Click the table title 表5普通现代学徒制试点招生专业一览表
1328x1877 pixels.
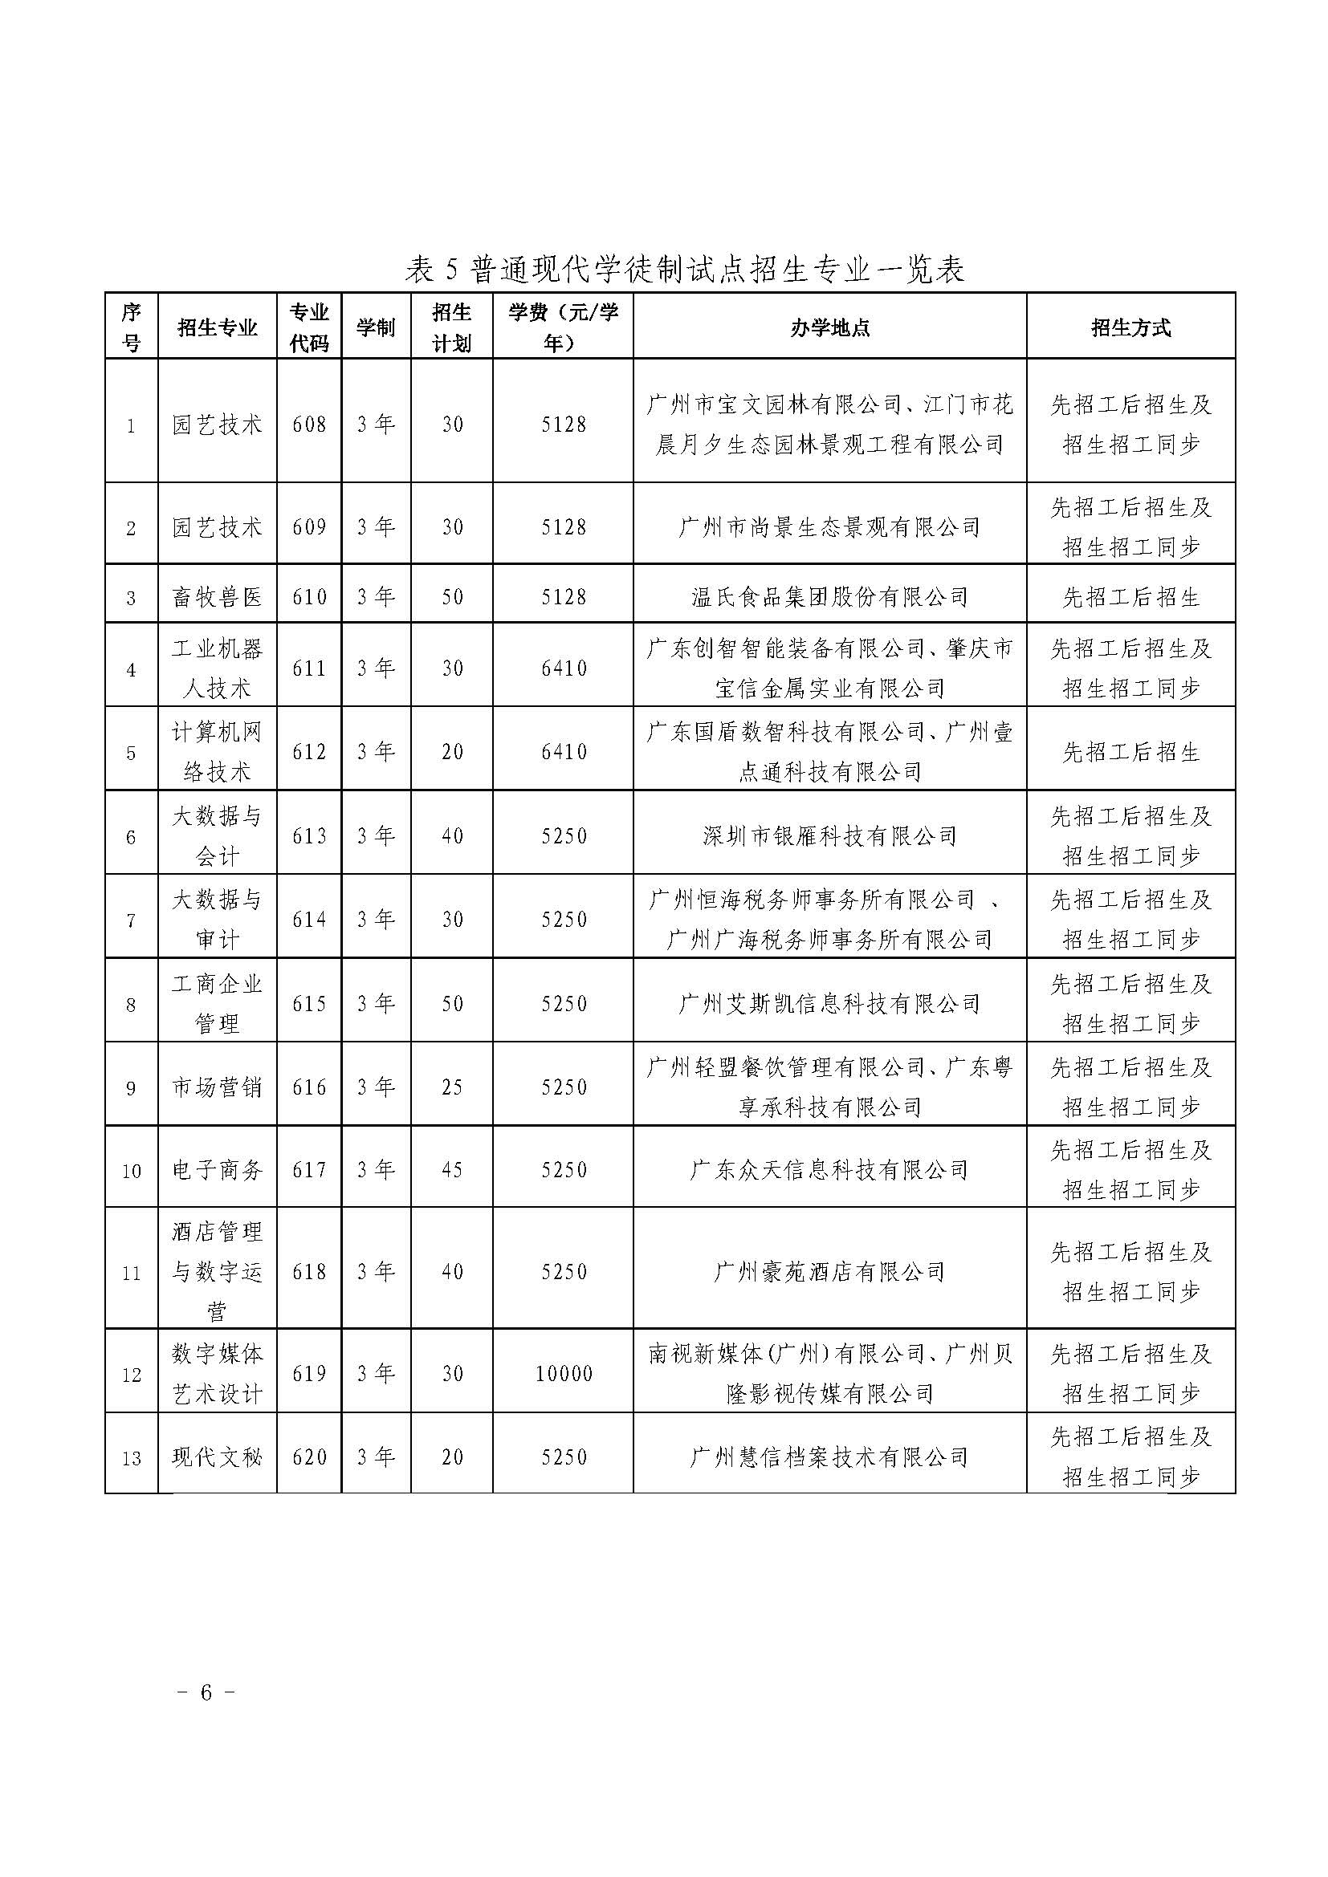click(x=684, y=270)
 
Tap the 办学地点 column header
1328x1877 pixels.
click(x=829, y=328)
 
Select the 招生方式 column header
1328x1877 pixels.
click(x=1130, y=328)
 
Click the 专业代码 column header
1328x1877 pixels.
click(x=309, y=328)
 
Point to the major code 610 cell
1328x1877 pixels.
click(x=309, y=598)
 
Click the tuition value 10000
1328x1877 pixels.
click(x=564, y=1374)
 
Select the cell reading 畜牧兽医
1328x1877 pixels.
click(x=217, y=598)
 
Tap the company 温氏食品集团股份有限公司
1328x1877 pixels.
click(x=829, y=598)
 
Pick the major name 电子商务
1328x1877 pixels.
click(x=217, y=1171)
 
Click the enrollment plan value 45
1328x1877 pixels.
click(x=452, y=1171)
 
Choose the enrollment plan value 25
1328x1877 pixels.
click(x=452, y=1087)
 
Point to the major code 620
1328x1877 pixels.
click(x=309, y=1457)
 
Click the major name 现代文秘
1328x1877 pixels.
click(x=217, y=1457)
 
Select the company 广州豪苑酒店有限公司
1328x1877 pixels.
click(x=829, y=1272)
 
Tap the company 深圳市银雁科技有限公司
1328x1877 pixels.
click(x=829, y=836)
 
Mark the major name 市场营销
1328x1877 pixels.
click(x=217, y=1087)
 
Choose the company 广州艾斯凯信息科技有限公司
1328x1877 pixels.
click(x=829, y=1004)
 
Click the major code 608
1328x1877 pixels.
click(x=309, y=425)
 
